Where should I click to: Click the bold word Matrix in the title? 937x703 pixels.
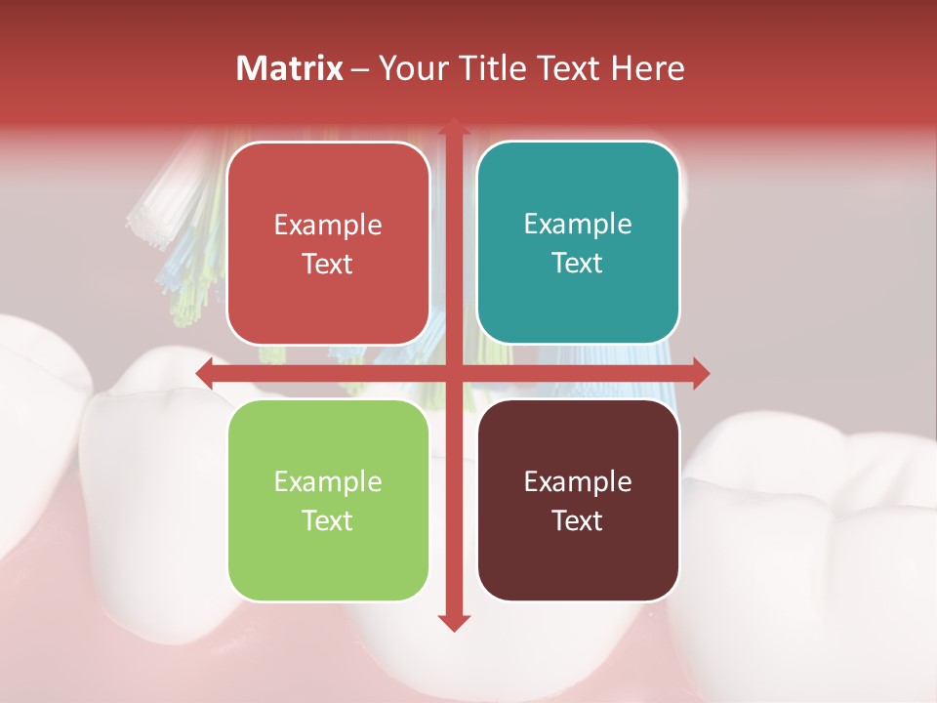290,68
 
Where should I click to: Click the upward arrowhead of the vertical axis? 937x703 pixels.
454,128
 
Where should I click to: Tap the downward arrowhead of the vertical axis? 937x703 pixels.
454,622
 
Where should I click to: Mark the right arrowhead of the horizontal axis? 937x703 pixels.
700,373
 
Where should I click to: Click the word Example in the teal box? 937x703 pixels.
578,225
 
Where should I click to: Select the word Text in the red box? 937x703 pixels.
328,265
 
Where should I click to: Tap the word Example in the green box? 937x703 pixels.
328,481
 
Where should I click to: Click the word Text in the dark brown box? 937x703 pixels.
578,520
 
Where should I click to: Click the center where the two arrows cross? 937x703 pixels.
454,373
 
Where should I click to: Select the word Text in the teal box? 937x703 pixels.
578,264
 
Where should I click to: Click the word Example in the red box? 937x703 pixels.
328,226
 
